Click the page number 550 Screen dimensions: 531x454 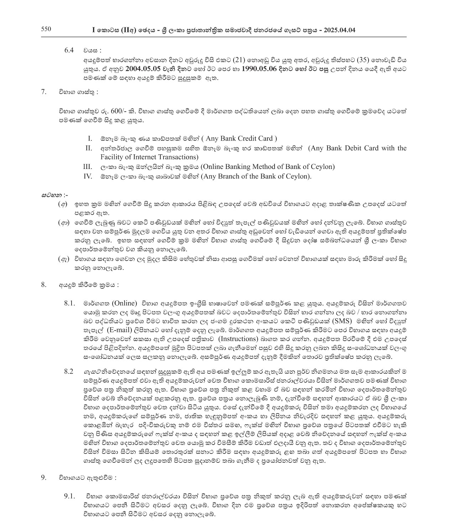pos(46,30)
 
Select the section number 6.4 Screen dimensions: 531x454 pos(69,51)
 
